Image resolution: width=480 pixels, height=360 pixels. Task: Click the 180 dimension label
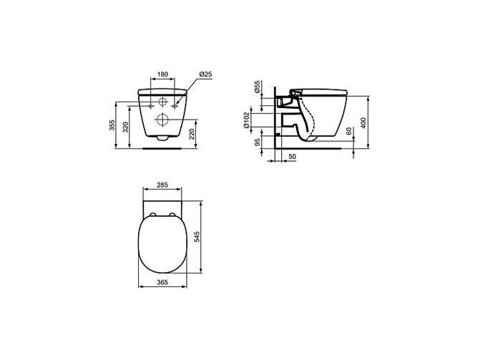162,74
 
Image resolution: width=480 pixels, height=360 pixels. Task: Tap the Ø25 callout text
205,74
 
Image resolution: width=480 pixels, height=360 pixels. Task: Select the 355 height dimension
112,125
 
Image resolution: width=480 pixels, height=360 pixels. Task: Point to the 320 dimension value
125,127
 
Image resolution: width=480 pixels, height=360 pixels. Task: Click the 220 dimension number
192,134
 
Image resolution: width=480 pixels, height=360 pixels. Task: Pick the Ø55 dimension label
257,87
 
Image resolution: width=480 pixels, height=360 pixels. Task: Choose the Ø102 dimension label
246,120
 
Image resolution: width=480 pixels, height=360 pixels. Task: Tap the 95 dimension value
258,142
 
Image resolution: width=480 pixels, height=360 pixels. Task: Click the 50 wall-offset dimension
293,157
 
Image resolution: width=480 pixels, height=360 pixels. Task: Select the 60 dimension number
349,132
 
